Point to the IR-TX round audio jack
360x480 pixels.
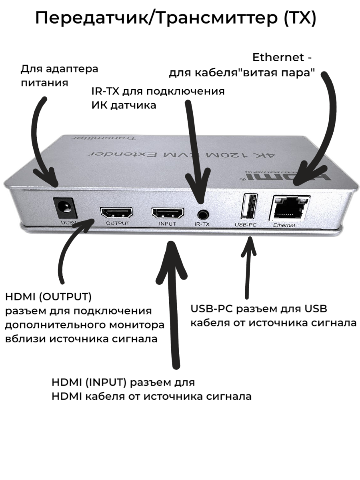(x=202, y=213)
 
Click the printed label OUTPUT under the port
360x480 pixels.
(x=118, y=224)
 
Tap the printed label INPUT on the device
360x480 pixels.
(x=167, y=224)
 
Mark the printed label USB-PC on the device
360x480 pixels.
(x=245, y=225)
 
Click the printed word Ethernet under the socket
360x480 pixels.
(x=284, y=225)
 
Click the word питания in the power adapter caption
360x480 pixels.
(x=44, y=83)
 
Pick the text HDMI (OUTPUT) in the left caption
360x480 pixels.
(x=48, y=298)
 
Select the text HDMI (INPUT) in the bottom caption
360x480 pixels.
(x=89, y=382)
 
